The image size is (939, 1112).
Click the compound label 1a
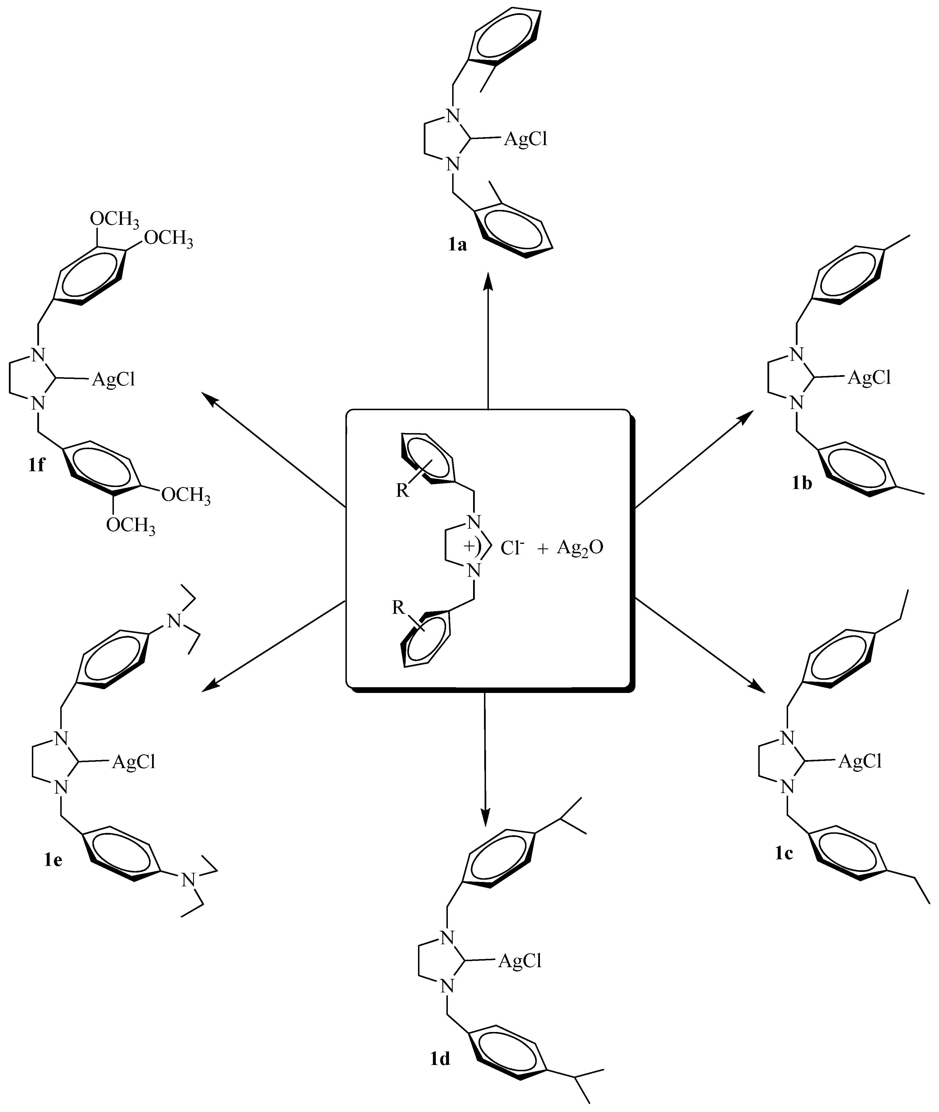pos(457,245)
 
